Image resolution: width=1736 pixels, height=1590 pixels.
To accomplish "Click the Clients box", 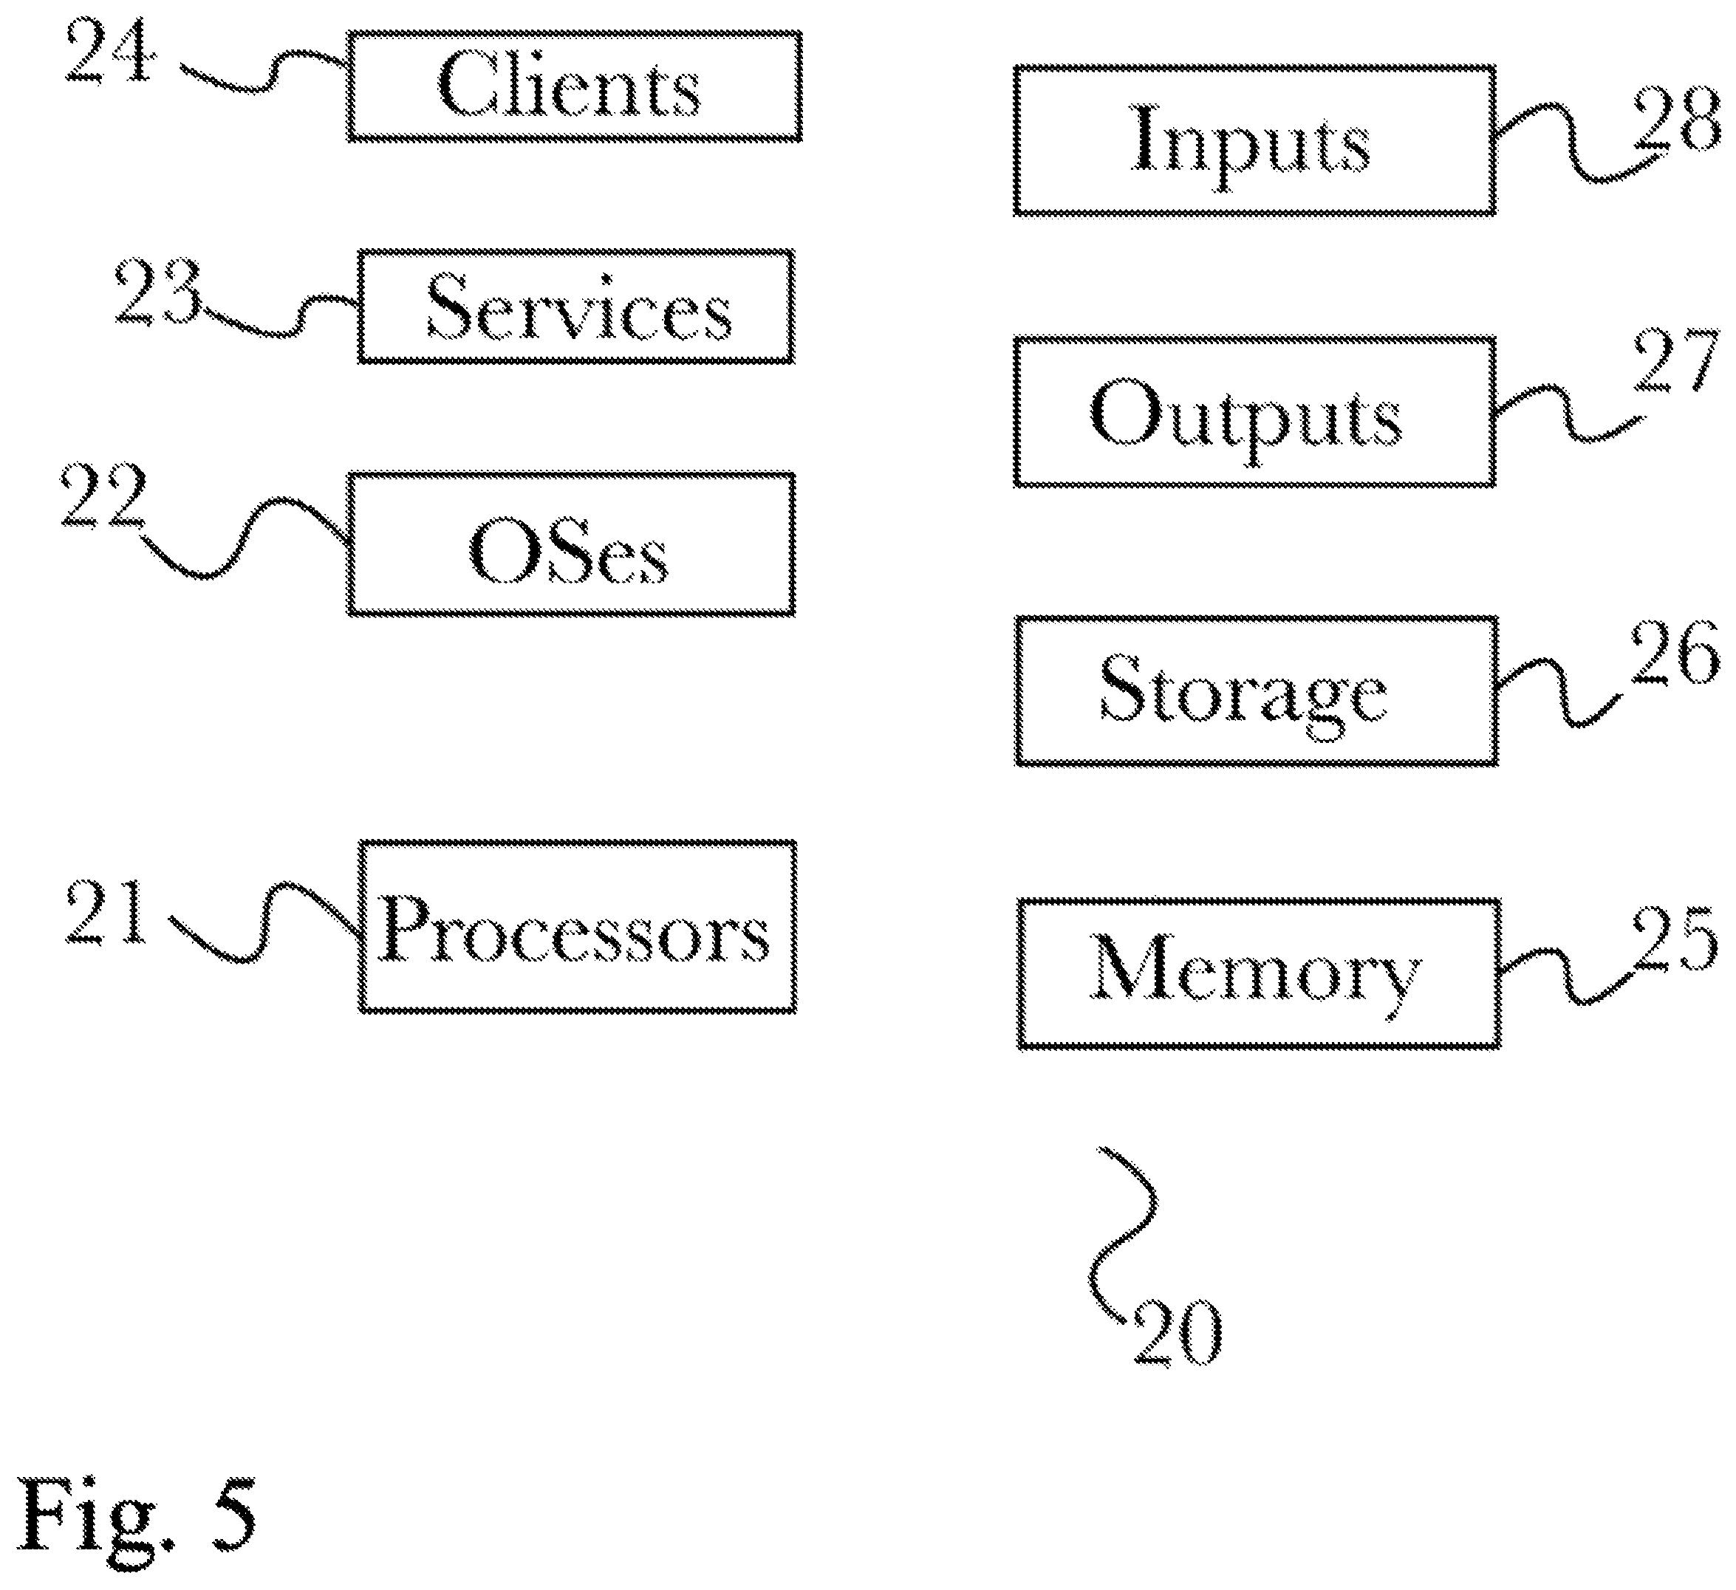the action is pos(575,86).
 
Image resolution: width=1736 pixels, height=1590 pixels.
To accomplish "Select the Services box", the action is pos(576,306).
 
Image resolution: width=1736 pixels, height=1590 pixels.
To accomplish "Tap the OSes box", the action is pos(572,544).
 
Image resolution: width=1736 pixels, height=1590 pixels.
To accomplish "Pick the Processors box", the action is pos(577,927).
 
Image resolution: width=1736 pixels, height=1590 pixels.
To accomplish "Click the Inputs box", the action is pos(1254,140).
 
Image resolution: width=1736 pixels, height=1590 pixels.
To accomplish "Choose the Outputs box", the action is pos(1254,411).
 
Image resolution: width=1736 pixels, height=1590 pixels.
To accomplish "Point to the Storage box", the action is pos(1257,691).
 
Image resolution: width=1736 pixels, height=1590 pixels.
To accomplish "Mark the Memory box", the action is pos(1258,973).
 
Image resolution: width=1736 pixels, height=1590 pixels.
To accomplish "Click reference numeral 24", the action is pos(110,53).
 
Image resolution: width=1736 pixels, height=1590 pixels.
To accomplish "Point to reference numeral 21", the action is pos(105,913).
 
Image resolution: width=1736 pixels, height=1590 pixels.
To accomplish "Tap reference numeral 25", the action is pos(1674,939).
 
